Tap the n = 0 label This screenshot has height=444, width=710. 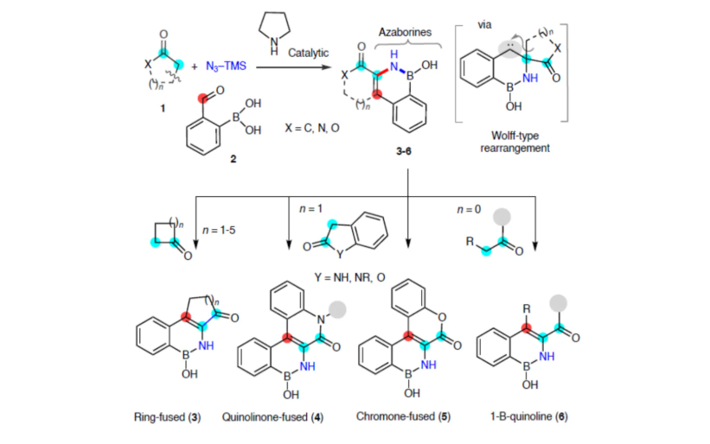[x=468, y=208]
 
